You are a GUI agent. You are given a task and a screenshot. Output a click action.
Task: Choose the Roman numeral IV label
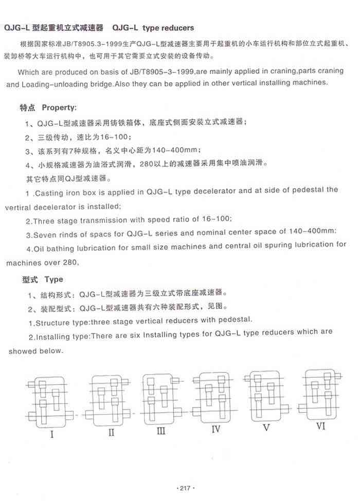(x=216, y=428)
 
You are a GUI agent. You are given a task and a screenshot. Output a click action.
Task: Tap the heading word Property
(x=59, y=108)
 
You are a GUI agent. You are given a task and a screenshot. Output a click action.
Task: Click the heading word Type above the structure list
(x=53, y=280)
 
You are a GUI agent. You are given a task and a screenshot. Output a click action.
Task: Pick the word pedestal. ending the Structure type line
(x=234, y=320)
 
